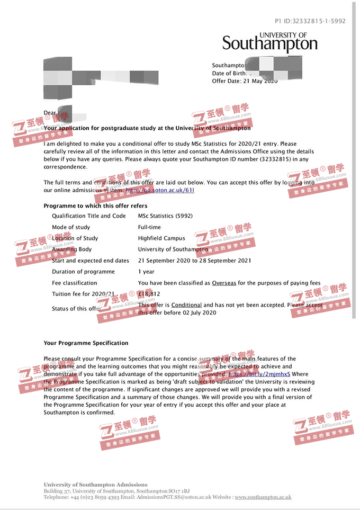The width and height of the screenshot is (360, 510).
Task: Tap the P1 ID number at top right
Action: tap(310, 21)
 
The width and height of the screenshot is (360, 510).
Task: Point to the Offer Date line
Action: tap(244, 81)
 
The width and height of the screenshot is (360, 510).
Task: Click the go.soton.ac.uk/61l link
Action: tap(159, 190)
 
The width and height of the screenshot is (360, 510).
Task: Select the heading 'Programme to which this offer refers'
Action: tap(95, 205)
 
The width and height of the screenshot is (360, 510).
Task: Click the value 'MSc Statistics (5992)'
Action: tap(165, 216)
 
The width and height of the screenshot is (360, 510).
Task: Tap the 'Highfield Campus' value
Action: tap(161, 238)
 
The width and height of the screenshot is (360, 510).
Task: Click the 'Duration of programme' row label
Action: tap(83, 272)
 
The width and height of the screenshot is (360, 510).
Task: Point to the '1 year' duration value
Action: tap(146, 272)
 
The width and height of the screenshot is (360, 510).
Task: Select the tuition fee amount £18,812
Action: tap(149, 294)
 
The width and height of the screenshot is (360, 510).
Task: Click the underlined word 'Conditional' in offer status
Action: tap(186, 305)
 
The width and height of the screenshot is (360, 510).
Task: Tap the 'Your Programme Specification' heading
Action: tap(86, 343)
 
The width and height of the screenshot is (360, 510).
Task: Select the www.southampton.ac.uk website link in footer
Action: tap(263, 497)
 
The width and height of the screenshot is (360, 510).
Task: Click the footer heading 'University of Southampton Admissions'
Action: tap(95, 485)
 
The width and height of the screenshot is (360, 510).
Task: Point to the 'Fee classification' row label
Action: tap(75, 283)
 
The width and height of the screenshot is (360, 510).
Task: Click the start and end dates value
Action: tap(194, 261)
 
